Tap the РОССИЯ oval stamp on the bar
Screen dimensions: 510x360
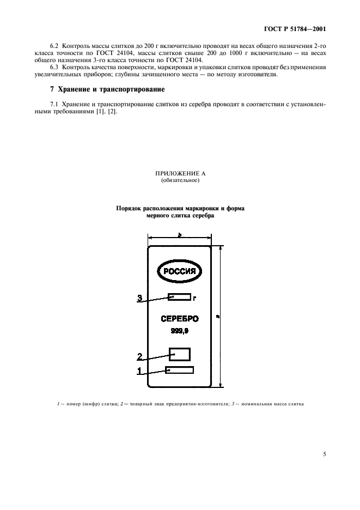click(180, 271)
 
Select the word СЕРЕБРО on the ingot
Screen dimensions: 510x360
click(180, 319)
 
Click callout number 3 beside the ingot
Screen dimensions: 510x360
click(139, 298)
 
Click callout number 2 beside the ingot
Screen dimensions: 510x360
click(139, 357)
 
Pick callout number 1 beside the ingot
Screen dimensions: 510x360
click(139, 372)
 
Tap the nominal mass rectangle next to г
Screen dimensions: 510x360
click(180, 297)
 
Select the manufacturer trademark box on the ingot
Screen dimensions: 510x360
click(180, 354)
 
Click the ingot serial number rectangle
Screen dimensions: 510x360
click(180, 371)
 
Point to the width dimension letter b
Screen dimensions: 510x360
click(179, 234)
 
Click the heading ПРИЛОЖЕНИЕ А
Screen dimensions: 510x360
click(180, 174)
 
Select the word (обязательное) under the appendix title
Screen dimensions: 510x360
click(180, 181)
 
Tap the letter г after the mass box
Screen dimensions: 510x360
click(194, 298)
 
